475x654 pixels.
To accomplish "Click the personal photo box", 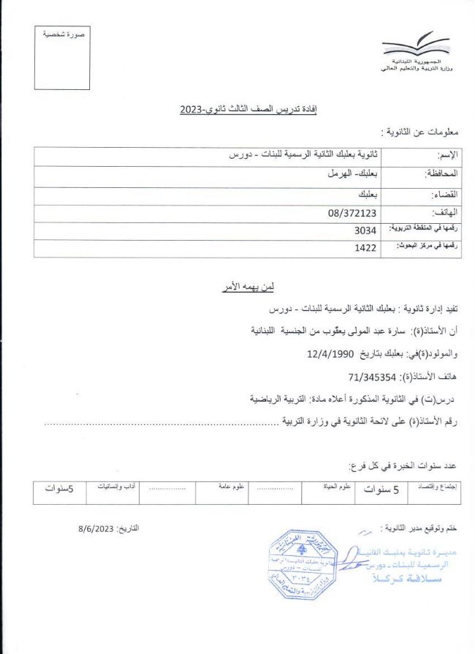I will pyautogui.click(x=63, y=58).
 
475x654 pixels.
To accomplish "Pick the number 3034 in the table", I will pyautogui.click(x=365, y=230).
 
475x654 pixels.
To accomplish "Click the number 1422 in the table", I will pyautogui.click(x=365, y=248).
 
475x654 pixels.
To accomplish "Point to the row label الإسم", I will pyautogui.click(x=446, y=156).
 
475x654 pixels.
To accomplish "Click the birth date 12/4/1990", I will pyautogui.click(x=331, y=354).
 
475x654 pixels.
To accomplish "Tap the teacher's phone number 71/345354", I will pyautogui.click(x=372, y=377).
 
